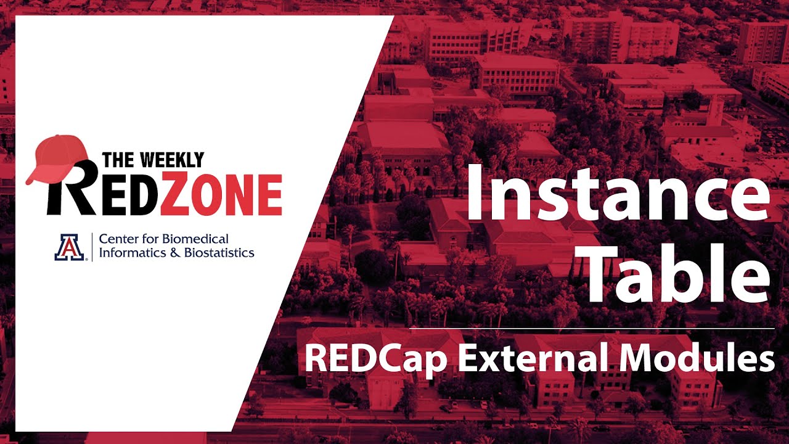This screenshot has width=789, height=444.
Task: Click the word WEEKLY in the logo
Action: coord(170,160)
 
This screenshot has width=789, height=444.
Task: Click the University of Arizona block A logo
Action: coord(70,247)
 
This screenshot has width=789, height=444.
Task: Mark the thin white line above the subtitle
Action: coord(592,329)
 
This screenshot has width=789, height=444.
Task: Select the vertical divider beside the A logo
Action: coord(92,245)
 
